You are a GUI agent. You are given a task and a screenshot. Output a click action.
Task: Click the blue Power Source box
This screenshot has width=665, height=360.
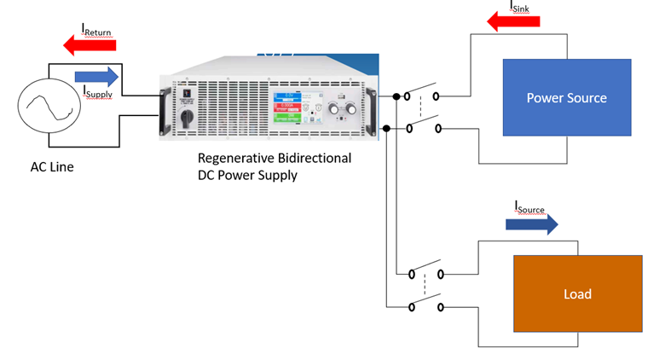[566, 97]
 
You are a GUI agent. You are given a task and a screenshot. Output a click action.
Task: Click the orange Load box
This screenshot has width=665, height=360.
[576, 293]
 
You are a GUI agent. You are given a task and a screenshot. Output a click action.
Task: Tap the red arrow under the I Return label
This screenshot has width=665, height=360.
[86, 44]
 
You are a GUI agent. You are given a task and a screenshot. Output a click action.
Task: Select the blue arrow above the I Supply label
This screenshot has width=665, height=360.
[96, 78]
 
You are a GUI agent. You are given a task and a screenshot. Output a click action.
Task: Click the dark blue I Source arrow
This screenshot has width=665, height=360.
[531, 224]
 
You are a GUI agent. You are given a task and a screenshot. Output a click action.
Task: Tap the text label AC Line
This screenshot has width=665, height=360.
[52, 167]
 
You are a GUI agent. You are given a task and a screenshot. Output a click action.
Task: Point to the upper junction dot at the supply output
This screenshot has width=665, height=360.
[396, 96]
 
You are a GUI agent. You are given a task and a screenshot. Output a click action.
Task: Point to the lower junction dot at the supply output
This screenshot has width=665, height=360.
[386, 129]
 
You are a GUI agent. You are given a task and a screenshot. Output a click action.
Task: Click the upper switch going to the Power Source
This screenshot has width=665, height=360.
[423, 95]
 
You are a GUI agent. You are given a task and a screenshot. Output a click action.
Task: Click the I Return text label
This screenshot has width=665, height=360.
[96, 32]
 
